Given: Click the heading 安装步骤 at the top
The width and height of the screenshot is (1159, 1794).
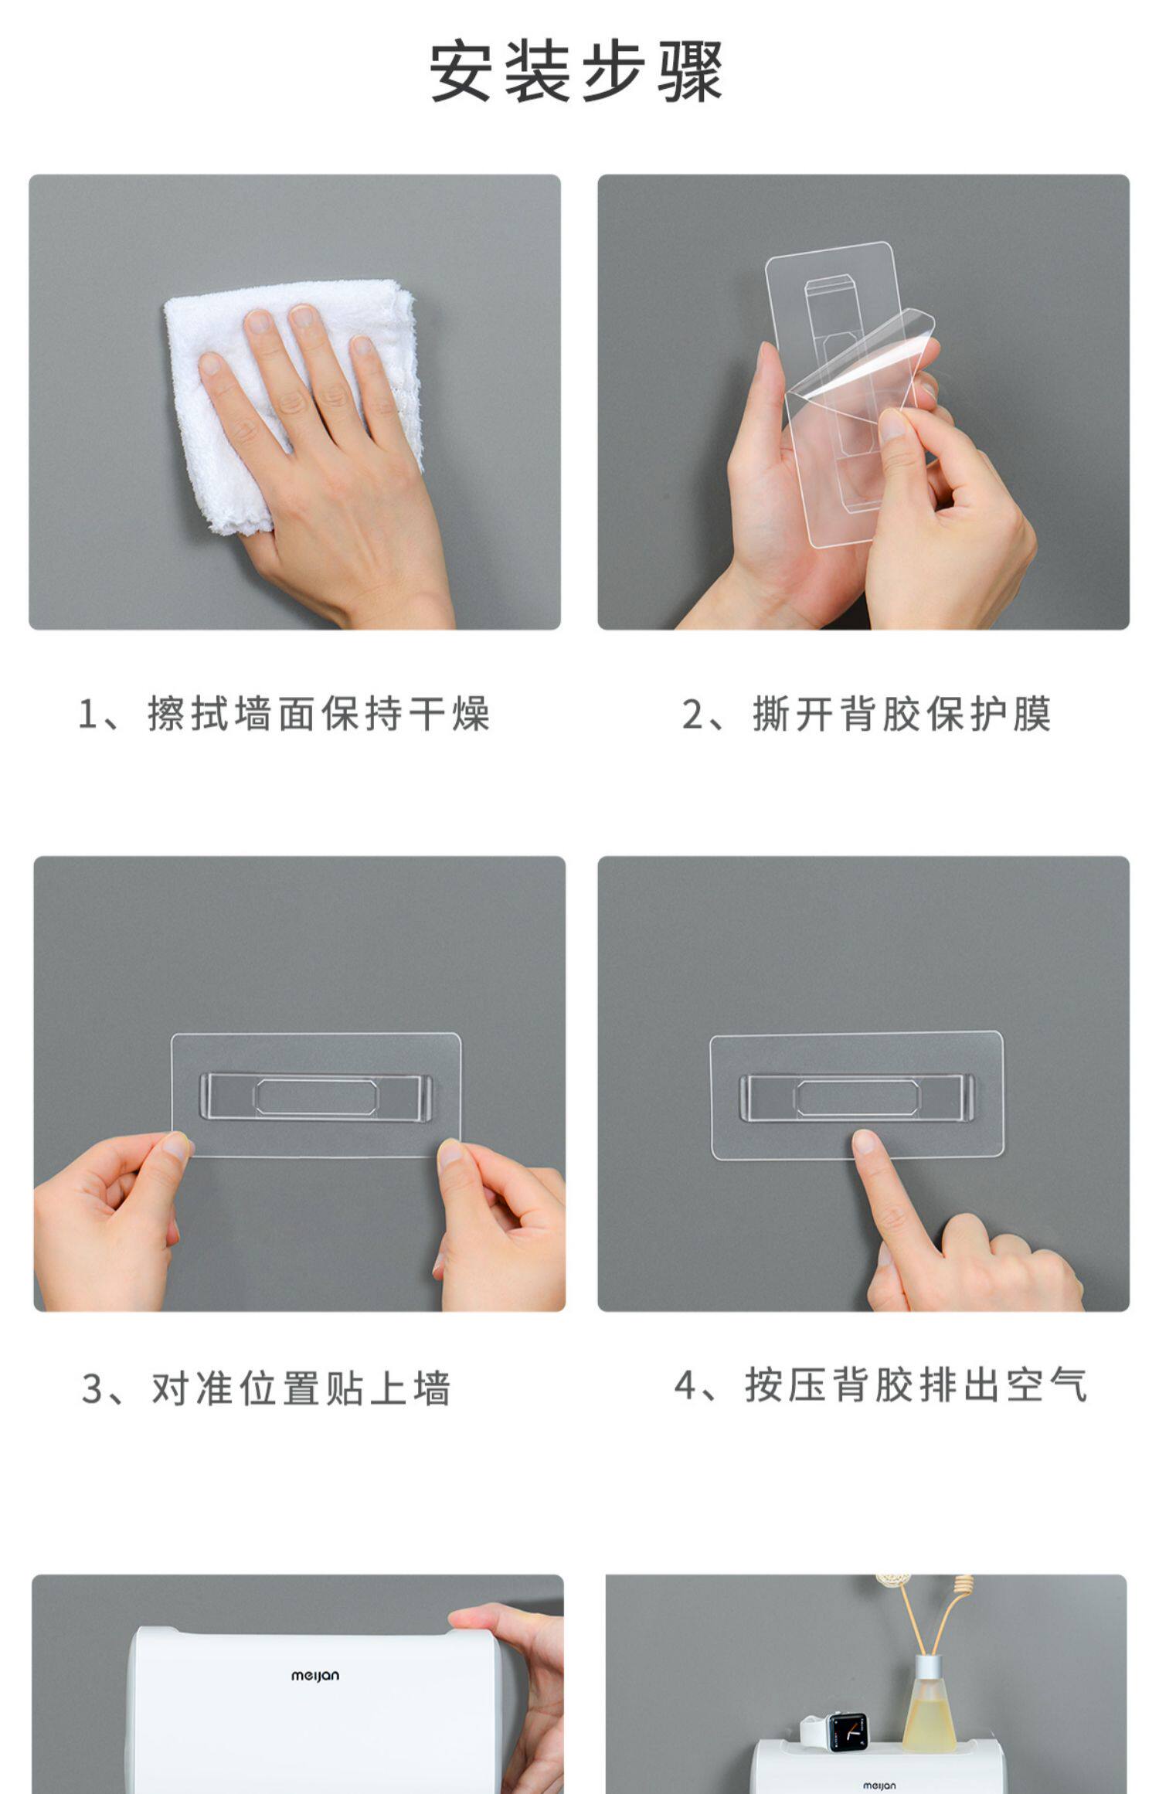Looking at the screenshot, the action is tap(576, 72).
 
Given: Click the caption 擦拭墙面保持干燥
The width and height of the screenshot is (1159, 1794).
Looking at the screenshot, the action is tap(318, 713).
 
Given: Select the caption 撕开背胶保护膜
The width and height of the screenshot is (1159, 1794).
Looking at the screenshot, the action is tap(902, 713).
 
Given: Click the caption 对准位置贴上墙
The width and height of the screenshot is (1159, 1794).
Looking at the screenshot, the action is tap(301, 1388).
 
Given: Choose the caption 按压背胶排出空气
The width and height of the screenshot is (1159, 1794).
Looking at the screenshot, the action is tap(916, 1385).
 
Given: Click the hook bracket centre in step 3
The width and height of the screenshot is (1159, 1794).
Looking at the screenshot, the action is tap(316, 1096).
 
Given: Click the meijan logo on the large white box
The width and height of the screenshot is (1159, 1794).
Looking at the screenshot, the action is tap(315, 1676).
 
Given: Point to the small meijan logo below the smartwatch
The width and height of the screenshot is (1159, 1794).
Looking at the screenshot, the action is tap(879, 1786).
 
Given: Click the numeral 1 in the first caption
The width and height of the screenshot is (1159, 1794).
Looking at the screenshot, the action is tap(87, 714).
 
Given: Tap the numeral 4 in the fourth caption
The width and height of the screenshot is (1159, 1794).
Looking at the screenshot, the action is tap(685, 1385).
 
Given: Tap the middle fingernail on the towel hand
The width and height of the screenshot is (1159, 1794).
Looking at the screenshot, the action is tap(302, 317).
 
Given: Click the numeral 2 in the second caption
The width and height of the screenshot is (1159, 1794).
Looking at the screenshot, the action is tap(692, 714).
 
